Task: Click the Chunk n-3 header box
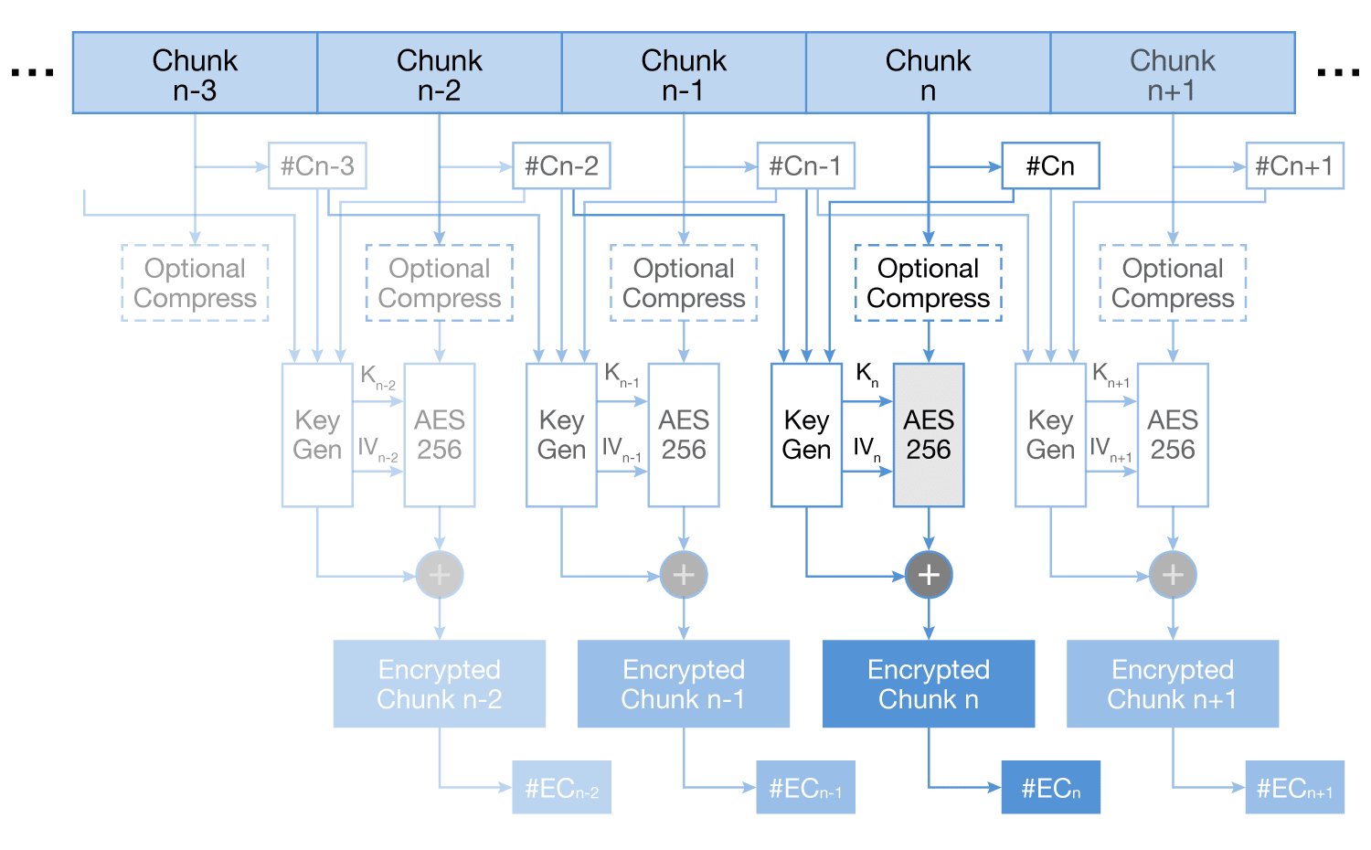point(195,73)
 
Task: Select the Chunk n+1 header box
point(1173,73)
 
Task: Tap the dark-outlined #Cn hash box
point(1050,166)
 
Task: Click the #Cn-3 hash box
point(317,166)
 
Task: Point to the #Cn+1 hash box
point(1294,166)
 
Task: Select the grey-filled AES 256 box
point(929,435)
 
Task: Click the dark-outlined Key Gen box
point(806,435)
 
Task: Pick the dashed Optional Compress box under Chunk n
point(929,283)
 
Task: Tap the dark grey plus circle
point(929,575)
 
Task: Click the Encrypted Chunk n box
point(929,684)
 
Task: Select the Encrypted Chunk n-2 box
point(440,684)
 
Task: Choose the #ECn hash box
point(1050,788)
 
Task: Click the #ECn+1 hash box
point(1294,788)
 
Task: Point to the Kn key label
point(866,374)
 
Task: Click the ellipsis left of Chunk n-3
point(33,72)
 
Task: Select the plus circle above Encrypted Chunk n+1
point(1173,575)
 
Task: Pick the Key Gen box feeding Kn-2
point(317,435)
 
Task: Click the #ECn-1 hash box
point(805,788)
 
